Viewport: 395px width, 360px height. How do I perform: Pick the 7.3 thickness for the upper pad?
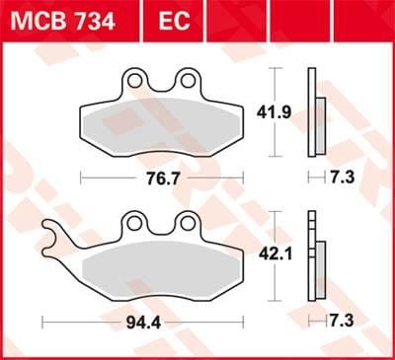click(342, 179)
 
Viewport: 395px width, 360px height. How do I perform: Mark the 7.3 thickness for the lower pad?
click(342, 322)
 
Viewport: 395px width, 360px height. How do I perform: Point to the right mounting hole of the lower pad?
click(187, 223)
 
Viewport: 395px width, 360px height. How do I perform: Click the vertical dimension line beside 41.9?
click(276, 113)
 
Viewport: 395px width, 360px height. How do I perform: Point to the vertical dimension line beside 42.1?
click(276, 256)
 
